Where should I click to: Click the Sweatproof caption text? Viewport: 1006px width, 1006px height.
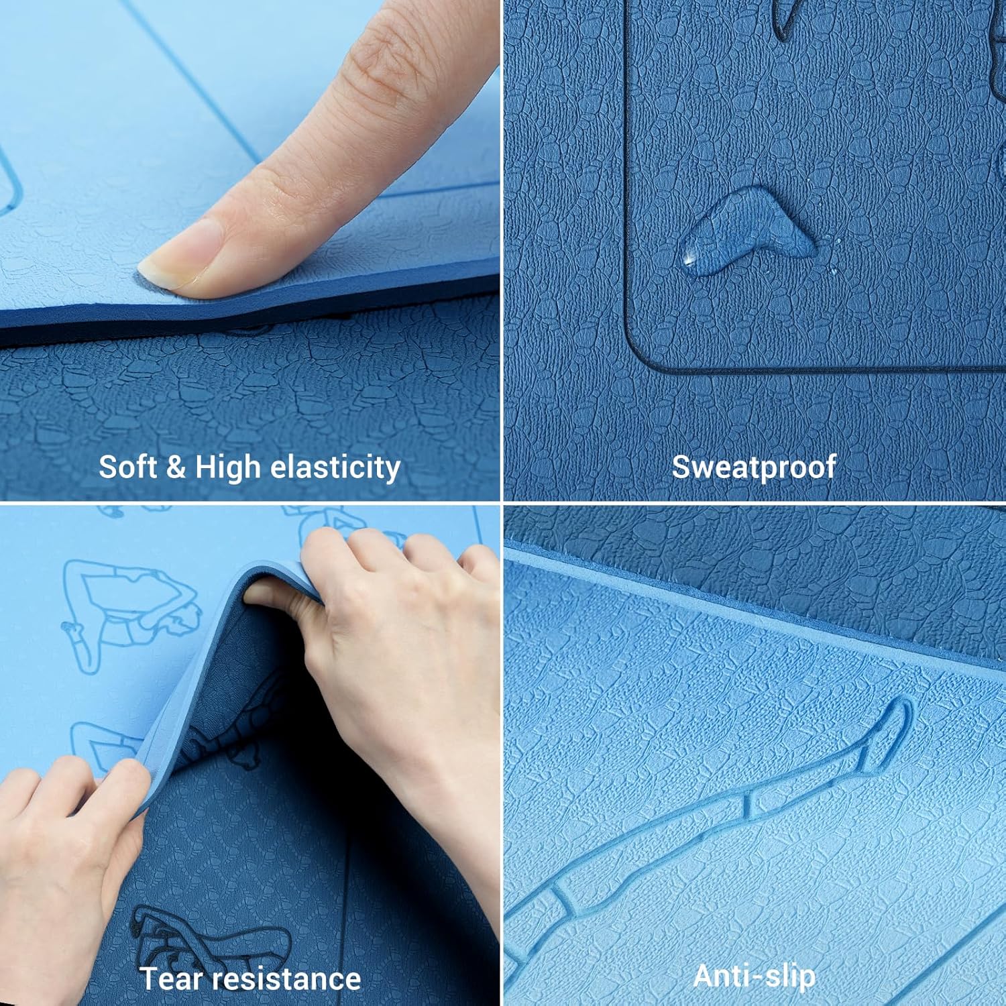click(x=754, y=467)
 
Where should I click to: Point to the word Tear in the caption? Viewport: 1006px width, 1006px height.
click(x=170, y=979)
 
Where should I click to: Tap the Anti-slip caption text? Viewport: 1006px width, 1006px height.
click(x=754, y=976)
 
